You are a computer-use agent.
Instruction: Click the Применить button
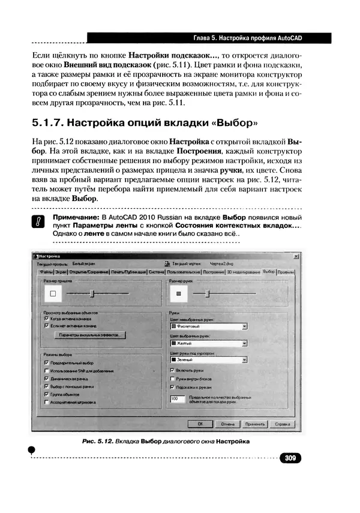coord(254,423)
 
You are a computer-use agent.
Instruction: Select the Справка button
coord(281,423)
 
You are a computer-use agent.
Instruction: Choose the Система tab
coord(157,272)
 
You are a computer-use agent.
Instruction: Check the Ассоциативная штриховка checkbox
coord(47,404)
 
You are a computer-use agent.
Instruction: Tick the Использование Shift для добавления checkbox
coord(47,371)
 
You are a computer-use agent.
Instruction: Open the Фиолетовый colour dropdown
coord(208,326)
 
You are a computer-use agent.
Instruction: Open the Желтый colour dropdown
coord(208,344)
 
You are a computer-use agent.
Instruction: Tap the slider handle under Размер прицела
coord(92,293)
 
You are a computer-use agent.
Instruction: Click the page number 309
coord(290,458)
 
